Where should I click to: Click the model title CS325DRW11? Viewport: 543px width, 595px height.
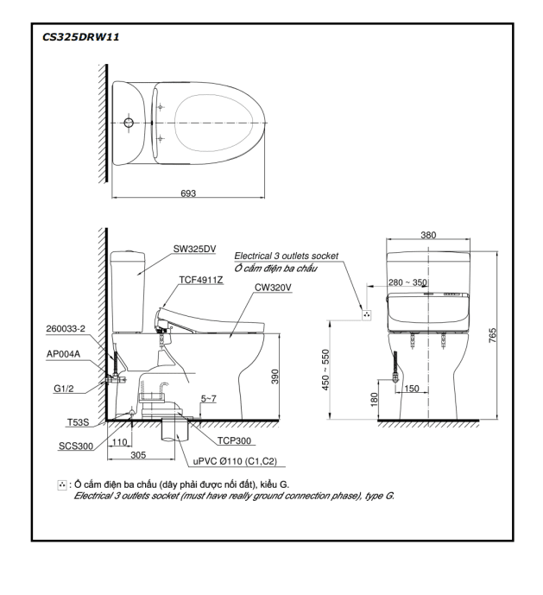pos(82,38)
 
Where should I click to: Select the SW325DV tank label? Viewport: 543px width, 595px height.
pos(194,249)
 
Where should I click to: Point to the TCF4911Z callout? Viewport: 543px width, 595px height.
pos(201,280)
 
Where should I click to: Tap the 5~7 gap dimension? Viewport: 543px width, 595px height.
pos(209,399)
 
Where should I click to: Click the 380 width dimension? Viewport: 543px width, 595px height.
pos(428,235)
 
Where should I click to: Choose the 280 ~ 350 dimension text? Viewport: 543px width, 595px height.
pos(407,282)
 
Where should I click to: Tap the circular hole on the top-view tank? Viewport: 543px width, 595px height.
pos(129,124)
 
